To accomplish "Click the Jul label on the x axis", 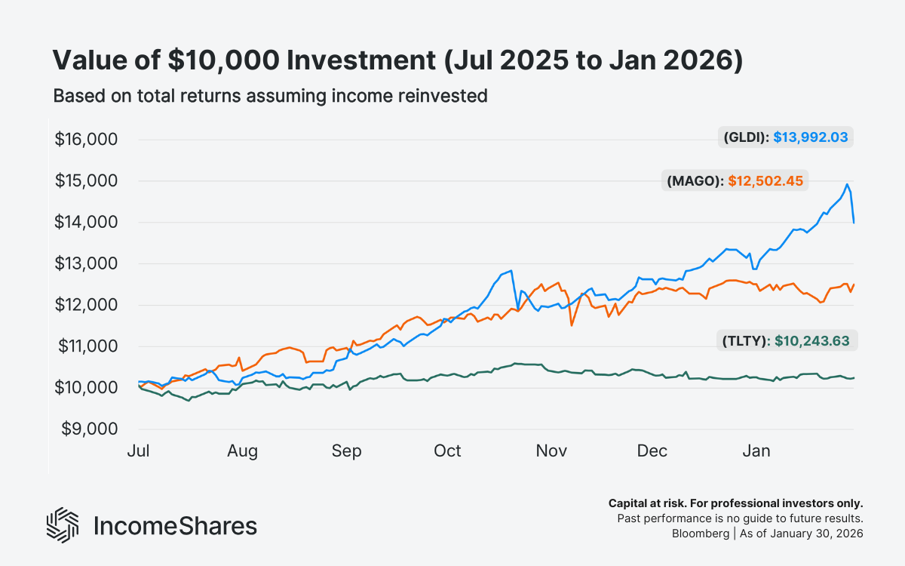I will click(139, 451).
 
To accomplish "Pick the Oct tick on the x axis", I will click(447, 451).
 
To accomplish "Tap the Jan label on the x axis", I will click(756, 451).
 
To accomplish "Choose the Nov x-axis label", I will click(551, 451).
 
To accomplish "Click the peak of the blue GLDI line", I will click(848, 184).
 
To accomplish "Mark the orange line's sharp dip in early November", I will click(572, 325).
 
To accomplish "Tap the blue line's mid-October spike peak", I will click(511, 270).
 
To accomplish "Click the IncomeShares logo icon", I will click(63, 525).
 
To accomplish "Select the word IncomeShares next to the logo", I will click(174, 526).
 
